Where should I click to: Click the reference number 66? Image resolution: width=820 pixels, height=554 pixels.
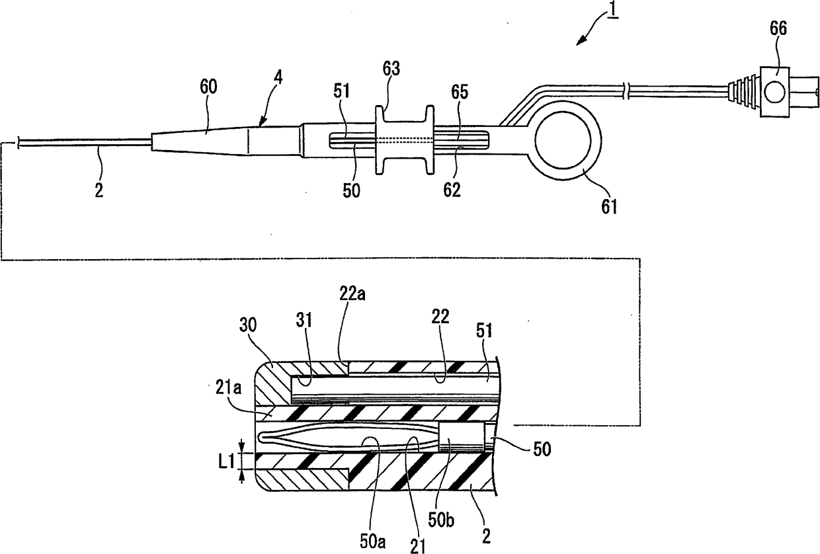pos(778,28)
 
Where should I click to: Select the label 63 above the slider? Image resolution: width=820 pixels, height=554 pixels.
pos(391,69)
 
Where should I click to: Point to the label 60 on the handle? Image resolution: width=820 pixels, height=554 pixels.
pos(208,87)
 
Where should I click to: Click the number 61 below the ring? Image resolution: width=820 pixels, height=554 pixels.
pos(609,207)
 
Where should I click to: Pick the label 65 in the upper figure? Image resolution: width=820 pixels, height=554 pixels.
pos(460,91)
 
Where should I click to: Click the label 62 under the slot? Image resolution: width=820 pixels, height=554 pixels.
pos(452,190)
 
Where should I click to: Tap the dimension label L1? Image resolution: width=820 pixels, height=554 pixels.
pos(226,462)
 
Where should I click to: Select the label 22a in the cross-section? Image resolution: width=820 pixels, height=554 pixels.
pos(352,294)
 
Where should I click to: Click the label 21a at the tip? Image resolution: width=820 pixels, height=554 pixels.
pos(228,387)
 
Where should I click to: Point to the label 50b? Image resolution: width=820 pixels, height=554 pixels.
pos(442,520)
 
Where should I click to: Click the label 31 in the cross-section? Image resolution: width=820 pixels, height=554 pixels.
pos(304,320)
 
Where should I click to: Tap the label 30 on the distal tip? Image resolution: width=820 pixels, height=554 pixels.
pos(248,325)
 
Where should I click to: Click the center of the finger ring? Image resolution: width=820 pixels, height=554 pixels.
pos(563,141)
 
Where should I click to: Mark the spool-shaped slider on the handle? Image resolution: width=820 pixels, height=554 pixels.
pos(405,139)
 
